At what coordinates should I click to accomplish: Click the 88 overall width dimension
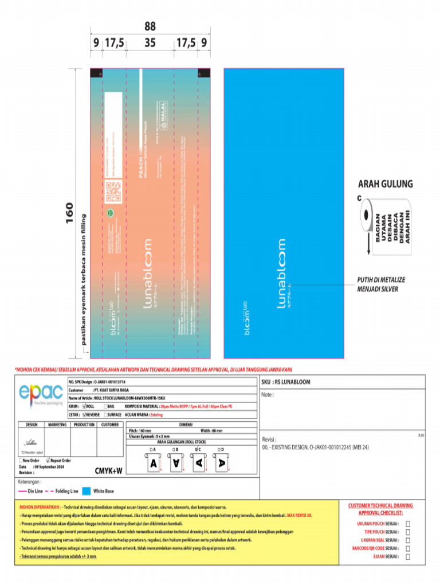[150, 27]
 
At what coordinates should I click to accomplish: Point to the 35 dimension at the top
[150, 43]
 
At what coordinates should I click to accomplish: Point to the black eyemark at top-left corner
[96, 73]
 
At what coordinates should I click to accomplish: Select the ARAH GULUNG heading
[384, 185]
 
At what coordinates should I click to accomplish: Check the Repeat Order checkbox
[48, 460]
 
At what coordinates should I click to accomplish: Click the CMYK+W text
[108, 470]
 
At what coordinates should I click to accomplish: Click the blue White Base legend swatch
[86, 491]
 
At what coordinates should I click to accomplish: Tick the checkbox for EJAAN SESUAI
[408, 556]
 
